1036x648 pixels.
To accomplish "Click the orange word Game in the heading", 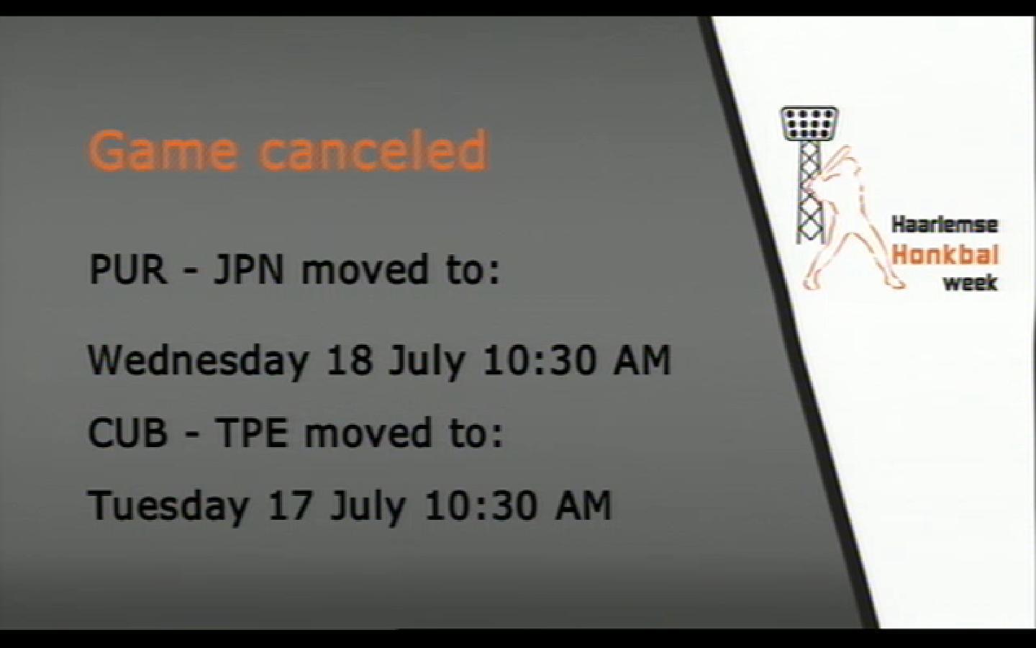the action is pyautogui.click(x=163, y=151).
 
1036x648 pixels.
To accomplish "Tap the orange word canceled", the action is pyautogui.click(x=373, y=149).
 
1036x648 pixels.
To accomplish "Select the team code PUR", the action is pyautogui.click(x=127, y=269).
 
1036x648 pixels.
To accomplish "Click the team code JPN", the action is pyautogui.click(x=247, y=269).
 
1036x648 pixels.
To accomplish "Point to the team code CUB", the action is pyautogui.click(x=127, y=432).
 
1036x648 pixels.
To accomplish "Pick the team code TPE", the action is pyautogui.click(x=252, y=432).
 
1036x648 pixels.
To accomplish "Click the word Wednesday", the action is pyautogui.click(x=199, y=360).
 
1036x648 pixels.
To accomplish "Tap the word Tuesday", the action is pyautogui.click(x=169, y=505).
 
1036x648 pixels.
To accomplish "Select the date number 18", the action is pyautogui.click(x=349, y=360).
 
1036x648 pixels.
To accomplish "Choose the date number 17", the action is pyautogui.click(x=290, y=505).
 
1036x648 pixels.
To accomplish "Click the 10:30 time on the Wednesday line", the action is pyautogui.click(x=539, y=360).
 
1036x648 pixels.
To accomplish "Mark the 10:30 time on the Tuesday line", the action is pyautogui.click(x=480, y=505).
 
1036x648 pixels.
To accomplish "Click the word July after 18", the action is pyautogui.click(x=427, y=361).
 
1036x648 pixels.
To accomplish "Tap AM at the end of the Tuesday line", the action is pyautogui.click(x=583, y=505).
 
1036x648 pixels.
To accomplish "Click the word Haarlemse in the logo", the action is pyautogui.click(x=945, y=225).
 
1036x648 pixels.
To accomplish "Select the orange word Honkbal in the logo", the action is pyautogui.click(x=945, y=255).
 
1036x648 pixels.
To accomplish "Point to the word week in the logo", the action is pyautogui.click(x=970, y=283).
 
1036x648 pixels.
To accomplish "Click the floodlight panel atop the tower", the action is pyautogui.click(x=809, y=124).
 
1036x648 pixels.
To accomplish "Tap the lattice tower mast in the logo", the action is pyautogui.click(x=809, y=192).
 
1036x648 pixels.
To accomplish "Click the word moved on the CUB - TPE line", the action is pyautogui.click(x=365, y=432).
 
